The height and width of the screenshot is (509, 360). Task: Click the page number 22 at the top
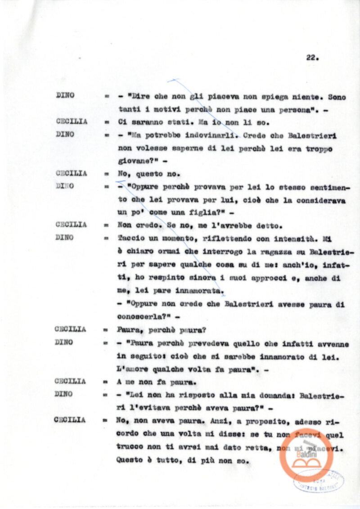[312, 58]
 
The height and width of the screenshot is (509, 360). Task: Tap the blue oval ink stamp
[319, 481]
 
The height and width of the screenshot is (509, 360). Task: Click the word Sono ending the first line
[337, 97]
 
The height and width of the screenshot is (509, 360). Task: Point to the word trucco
[130, 448]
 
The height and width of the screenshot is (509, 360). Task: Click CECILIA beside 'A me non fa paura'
[71, 381]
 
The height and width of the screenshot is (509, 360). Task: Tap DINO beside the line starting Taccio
[65, 238]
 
